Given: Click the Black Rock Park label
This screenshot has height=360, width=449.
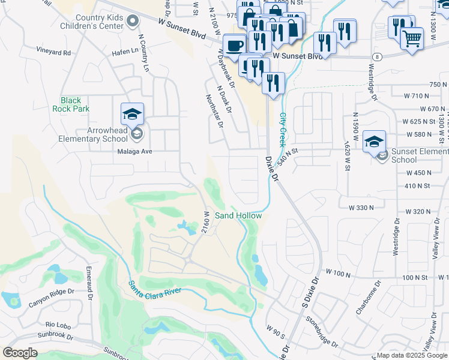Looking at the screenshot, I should (x=74, y=104).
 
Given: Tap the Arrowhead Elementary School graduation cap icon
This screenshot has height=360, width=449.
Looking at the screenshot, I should (x=132, y=113).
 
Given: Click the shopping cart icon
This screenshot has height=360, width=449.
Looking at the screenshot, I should (x=412, y=38).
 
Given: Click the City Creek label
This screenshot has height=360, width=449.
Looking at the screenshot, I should (x=282, y=128).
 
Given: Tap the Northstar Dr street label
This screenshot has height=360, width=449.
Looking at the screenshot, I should (x=214, y=111).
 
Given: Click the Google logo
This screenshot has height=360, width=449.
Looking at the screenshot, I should (x=20, y=353).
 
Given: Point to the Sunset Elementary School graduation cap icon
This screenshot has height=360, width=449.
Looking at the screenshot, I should (x=374, y=140).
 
